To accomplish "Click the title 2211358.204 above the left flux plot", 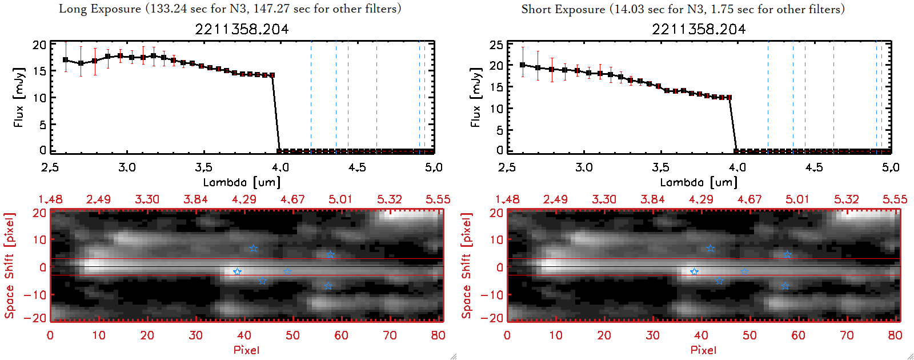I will pos(242,29).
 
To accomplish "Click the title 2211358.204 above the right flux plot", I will pos(699,29).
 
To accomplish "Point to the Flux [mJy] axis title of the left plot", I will pos(19,97).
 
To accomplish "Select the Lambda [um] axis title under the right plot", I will pos(699,182).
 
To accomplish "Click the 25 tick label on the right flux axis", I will pos(496,45).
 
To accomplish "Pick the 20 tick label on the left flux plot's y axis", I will pos(39,45).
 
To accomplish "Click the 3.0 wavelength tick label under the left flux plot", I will pos(127,167).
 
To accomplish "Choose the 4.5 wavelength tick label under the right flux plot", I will pos(814,167).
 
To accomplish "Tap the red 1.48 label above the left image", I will pos(50,199).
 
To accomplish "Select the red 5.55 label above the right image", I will pos(895,199).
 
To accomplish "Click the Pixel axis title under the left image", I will pos(246,350).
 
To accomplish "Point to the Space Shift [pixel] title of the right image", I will pos(467,266).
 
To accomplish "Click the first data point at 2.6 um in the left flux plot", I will pos(66,60).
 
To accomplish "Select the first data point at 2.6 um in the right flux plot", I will pos(523,65).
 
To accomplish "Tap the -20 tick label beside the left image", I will pos(37,318).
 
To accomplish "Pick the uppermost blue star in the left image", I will pos(254,249).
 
